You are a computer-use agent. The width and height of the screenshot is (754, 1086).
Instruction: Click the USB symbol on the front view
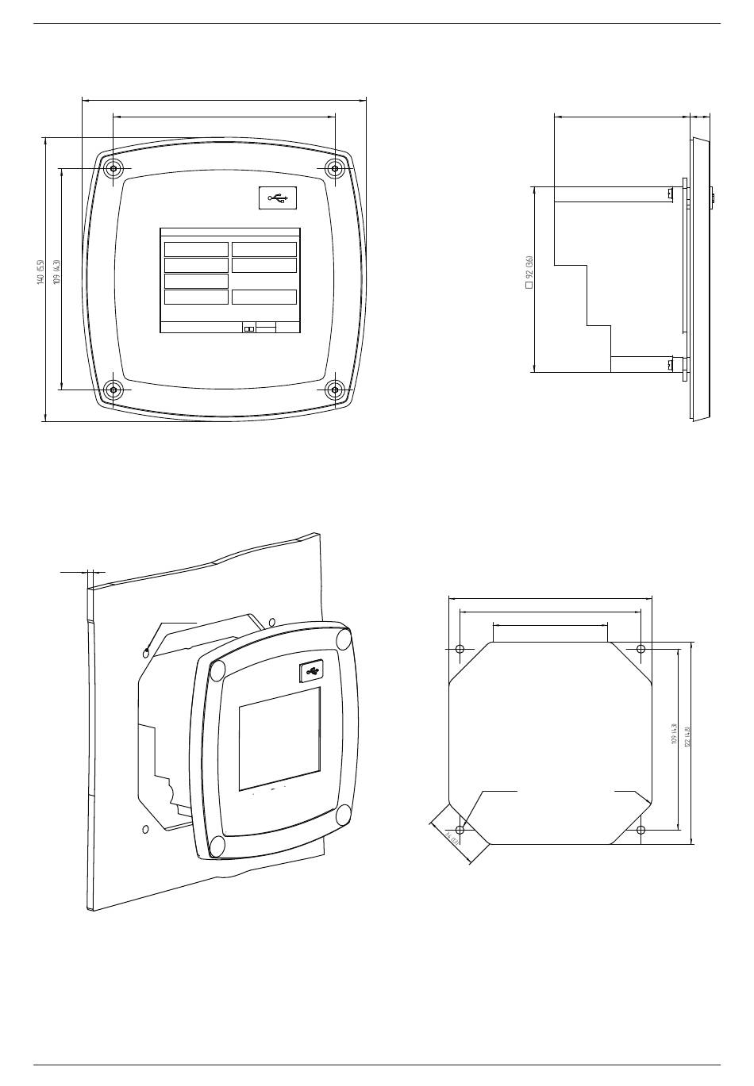(x=278, y=198)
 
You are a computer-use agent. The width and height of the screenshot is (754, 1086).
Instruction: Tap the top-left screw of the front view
(x=113, y=168)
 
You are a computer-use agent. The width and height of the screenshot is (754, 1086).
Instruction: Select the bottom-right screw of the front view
(x=336, y=389)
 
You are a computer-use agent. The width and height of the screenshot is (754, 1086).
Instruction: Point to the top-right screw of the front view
(x=336, y=168)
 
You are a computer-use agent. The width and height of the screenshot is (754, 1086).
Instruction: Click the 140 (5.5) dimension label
(x=40, y=273)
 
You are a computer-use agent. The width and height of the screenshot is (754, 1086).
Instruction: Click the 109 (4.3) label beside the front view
(x=56, y=273)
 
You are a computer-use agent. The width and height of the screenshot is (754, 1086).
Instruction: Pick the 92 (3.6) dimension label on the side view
(x=529, y=272)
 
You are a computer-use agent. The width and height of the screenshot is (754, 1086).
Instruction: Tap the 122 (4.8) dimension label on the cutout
(x=687, y=736)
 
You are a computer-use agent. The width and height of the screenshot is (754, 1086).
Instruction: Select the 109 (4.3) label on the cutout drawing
(x=674, y=734)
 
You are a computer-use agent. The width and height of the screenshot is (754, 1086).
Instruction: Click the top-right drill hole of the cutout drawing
(x=641, y=649)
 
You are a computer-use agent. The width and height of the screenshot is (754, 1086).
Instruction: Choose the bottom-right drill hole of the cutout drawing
(x=641, y=830)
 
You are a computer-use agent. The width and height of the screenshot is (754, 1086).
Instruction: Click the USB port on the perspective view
(x=311, y=672)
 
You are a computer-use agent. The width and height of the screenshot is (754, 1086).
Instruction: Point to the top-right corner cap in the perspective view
(x=344, y=639)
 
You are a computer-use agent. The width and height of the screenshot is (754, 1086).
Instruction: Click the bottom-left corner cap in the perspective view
(x=216, y=845)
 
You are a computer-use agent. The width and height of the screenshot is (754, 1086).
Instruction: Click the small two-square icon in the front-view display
(x=248, y=328)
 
